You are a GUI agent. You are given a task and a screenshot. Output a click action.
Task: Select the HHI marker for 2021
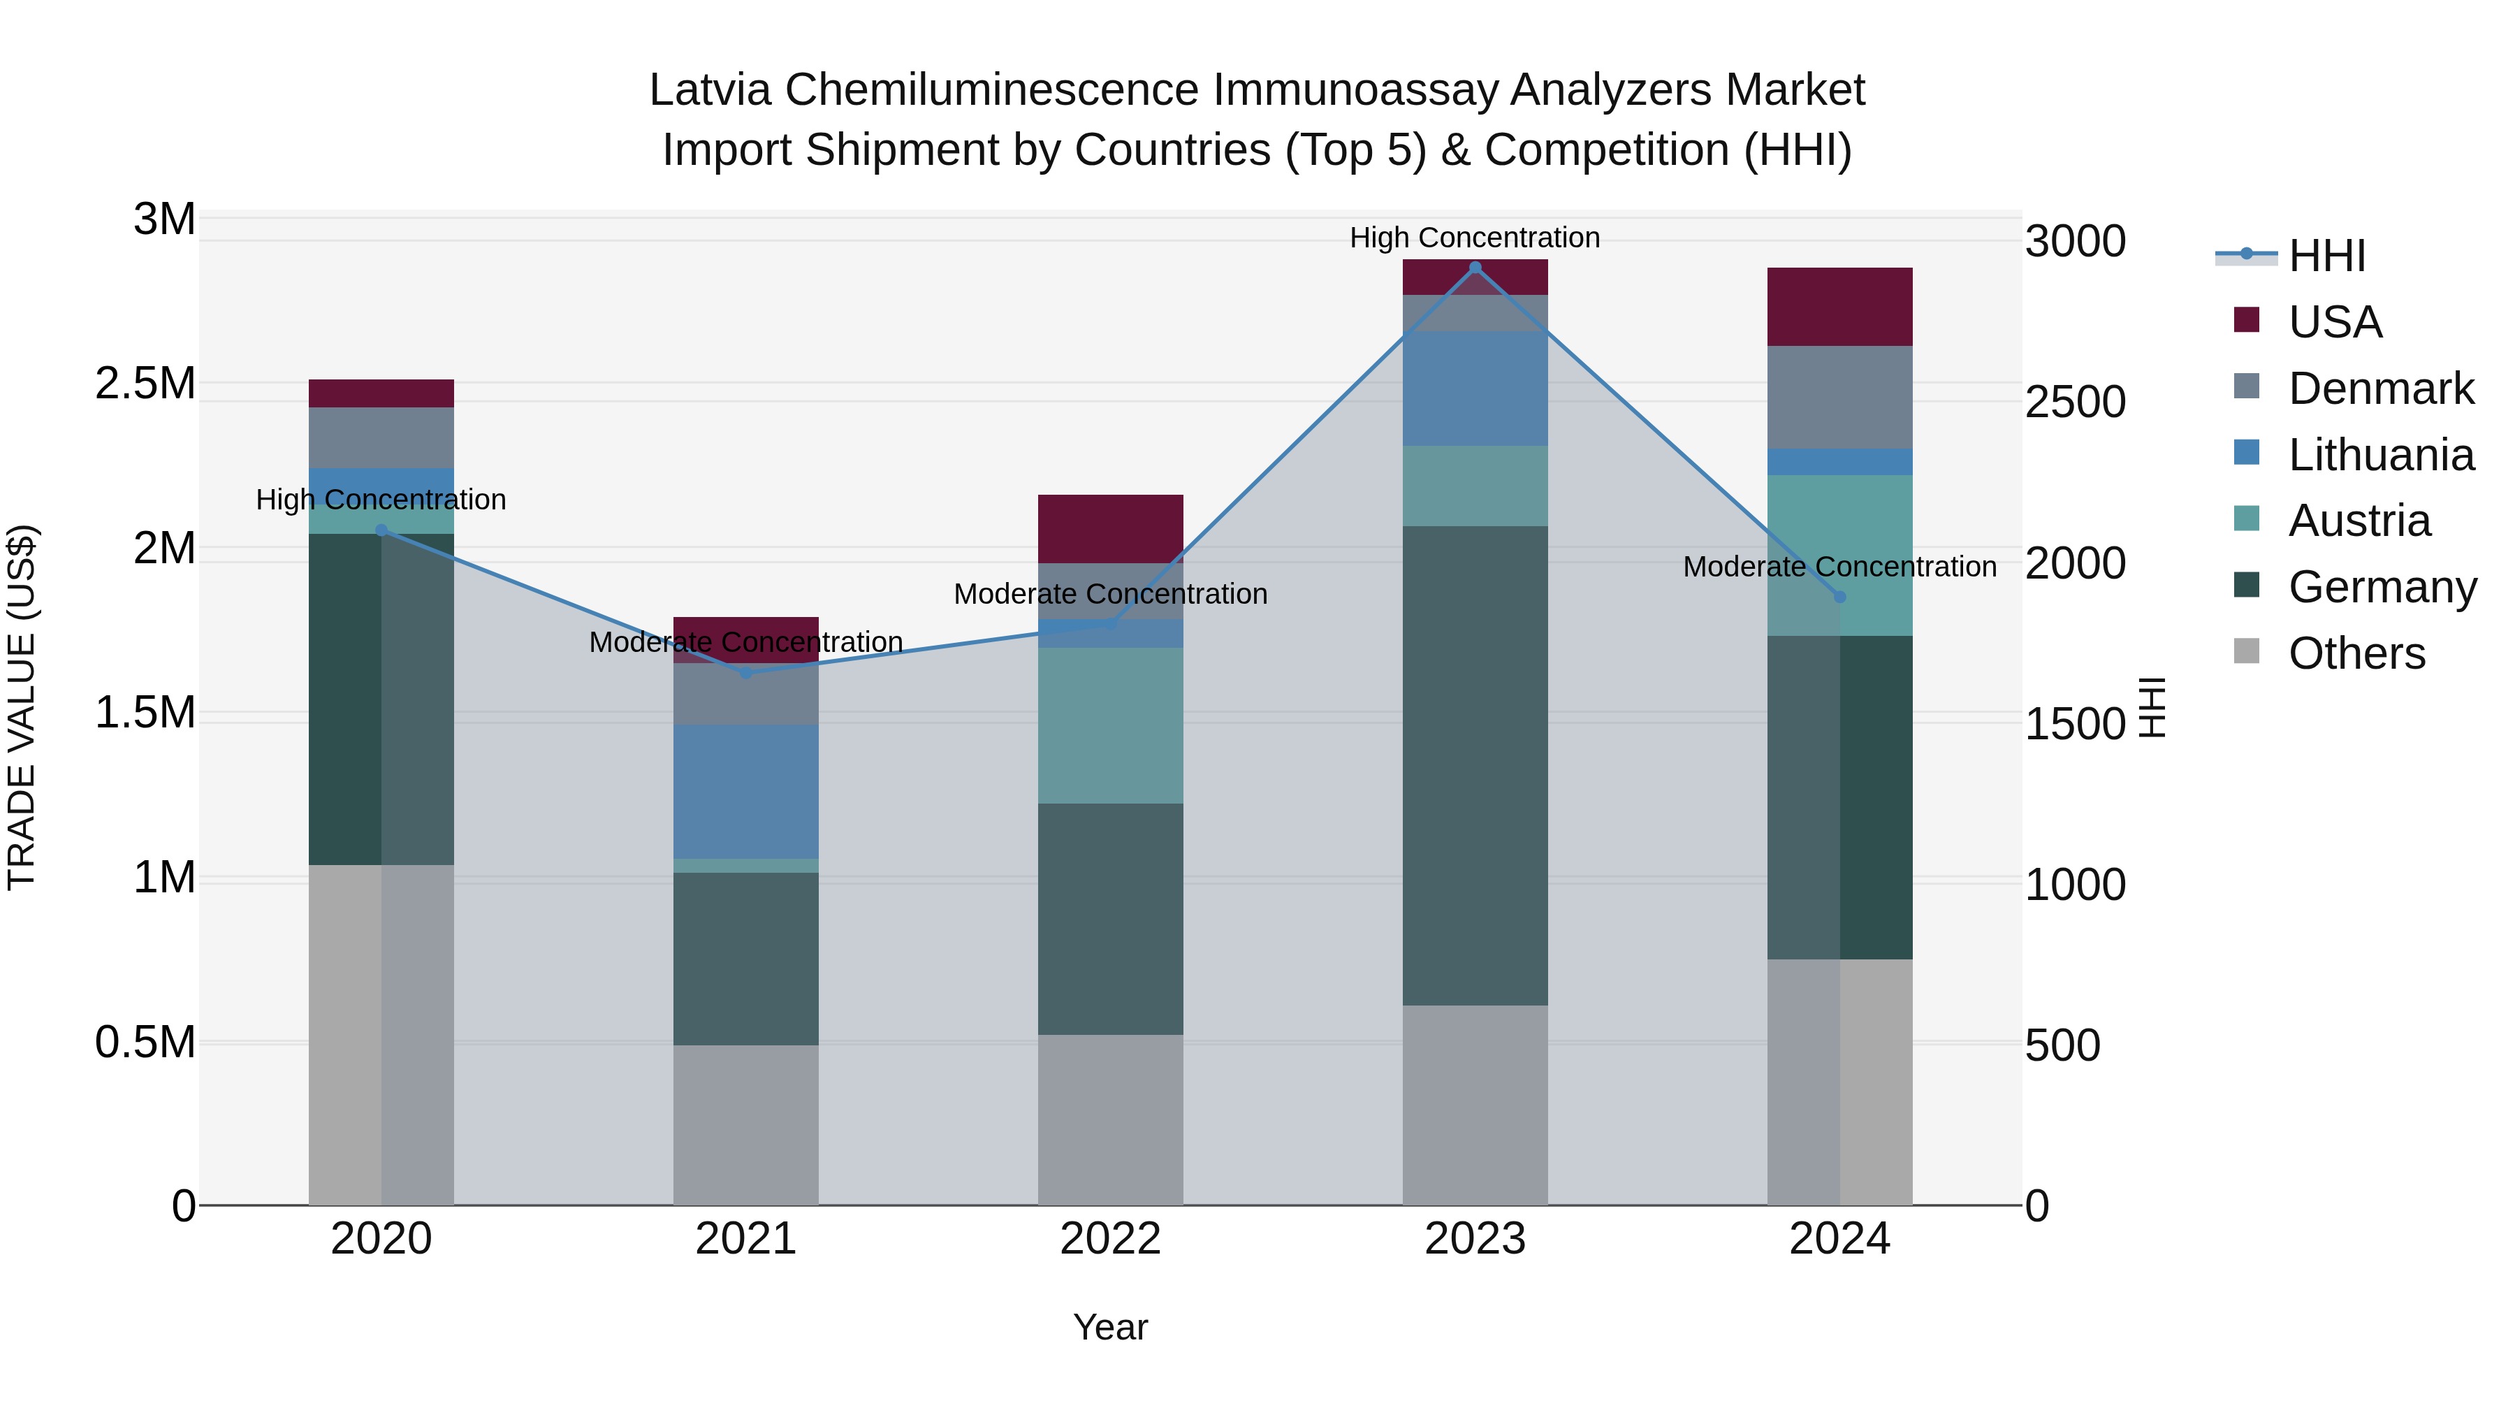(746, 673)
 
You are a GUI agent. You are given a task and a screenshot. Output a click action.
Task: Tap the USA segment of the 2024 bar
(1839, 307)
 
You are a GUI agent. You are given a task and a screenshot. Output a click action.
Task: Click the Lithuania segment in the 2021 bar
(746, 791)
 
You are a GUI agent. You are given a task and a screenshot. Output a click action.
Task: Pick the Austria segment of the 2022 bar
(1110, 725)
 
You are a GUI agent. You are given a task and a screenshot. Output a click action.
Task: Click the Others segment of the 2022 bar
(1110, 1119)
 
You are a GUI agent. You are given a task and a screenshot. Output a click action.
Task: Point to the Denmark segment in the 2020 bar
(381, 437)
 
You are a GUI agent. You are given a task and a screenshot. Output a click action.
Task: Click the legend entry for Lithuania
(2380, 455)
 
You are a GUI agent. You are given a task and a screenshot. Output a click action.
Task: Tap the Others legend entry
(2355, 653)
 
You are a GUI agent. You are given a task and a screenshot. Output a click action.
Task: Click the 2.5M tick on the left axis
(145, 384)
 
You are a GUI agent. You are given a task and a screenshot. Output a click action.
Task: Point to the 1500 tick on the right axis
(2075, 724)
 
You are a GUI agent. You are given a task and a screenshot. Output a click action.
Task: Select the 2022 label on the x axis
(1110, 1239)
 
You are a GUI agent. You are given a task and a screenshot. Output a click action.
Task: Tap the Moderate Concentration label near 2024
(1839, 567)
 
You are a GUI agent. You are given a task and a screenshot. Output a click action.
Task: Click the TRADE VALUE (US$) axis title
(22, 707)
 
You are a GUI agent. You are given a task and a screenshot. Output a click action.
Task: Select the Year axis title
(1110, 1327)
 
